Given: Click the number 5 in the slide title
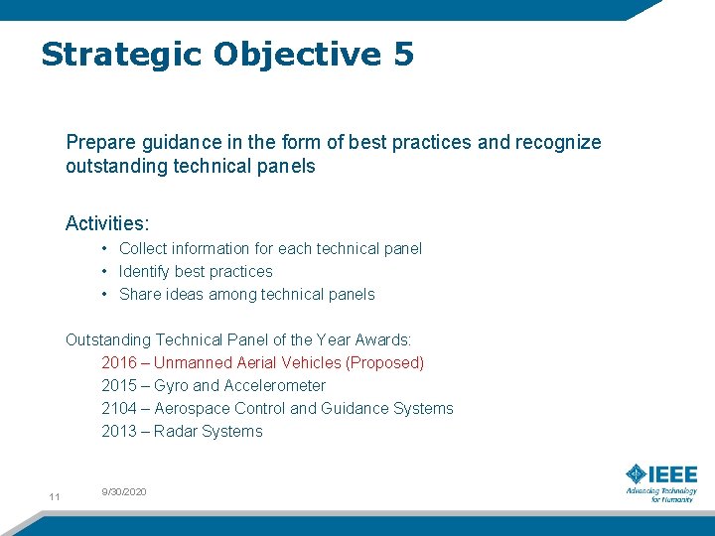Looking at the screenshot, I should point(402,54).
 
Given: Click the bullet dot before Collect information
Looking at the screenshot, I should point(104,248).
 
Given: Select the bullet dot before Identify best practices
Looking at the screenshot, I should point(104,271).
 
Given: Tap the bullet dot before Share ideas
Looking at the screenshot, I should point(104,294).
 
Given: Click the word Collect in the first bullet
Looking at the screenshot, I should point(142,248).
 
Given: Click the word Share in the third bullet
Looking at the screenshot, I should point(140,294).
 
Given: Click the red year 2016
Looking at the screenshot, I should point(119,362).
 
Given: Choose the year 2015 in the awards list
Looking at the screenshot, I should point(119,385).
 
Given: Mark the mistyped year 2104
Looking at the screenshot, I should point(119,408).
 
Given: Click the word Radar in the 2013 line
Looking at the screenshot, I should point(176,431).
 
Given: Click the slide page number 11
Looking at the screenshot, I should point(55,496).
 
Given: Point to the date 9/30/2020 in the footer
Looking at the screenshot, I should point(124,491).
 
